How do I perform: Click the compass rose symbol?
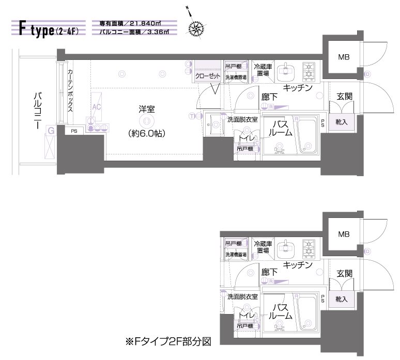(196, 28)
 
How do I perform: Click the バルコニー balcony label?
(37, 109)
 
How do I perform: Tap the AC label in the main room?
(96, 107)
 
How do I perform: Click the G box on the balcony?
(51, 131)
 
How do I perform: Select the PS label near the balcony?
(74, 131)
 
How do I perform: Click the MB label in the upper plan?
(344, 57)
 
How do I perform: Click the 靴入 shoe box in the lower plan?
(341, 299)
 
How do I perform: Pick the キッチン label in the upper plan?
(297, 88)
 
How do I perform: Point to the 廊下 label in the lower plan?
(268, 272)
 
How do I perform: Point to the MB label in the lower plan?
(344, 234)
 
